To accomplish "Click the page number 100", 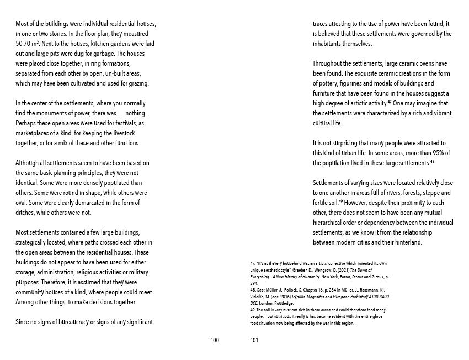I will pos(215,340).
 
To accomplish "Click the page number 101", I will pos(254,340).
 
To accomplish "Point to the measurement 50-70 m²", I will pos(28,43).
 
